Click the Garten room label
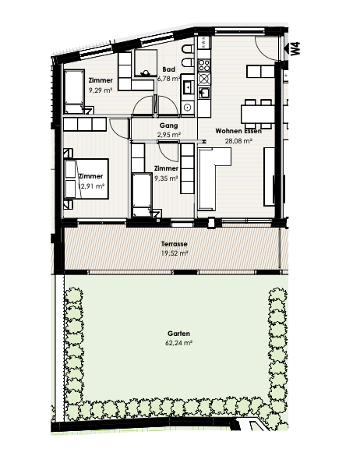pos(178,334)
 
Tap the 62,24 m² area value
pos(178,343)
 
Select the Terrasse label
pos(174,244)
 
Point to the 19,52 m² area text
pos(175,253)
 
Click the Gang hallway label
pos(169,126)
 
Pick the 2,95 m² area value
pos(169,135)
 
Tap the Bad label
pos(169,69)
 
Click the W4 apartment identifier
pos(295,48)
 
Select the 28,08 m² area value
pos(238,141)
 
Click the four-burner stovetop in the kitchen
pos(204,65)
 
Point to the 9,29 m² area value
pos(101,90)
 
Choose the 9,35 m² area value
pos(166,178)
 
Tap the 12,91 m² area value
pos(91,186)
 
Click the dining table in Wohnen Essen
pos(258,114)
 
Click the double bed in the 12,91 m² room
pos(86,178)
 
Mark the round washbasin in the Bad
pos(188,107)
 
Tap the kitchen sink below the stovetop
pos(204,93)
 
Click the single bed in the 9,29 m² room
pos(74,92)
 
